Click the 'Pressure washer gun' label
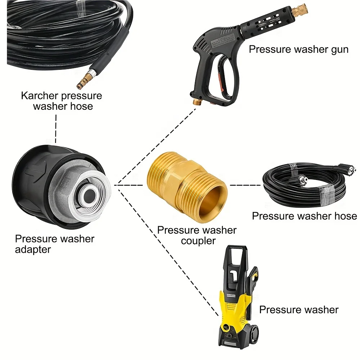pyautogui.click(x=298, y=49)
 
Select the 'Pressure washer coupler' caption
pyautogui.click(x=197, y=235)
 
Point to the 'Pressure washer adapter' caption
pyautogui.click(x=54, y=244)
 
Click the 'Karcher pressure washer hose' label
pyautogui.click(x=62, y=101)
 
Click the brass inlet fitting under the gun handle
pyautogui.click(x=197, y=103)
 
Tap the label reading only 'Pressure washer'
pyautogui.click(x=298, y=309)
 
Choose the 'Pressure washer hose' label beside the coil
pyautogui.click(x=304, y=216)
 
